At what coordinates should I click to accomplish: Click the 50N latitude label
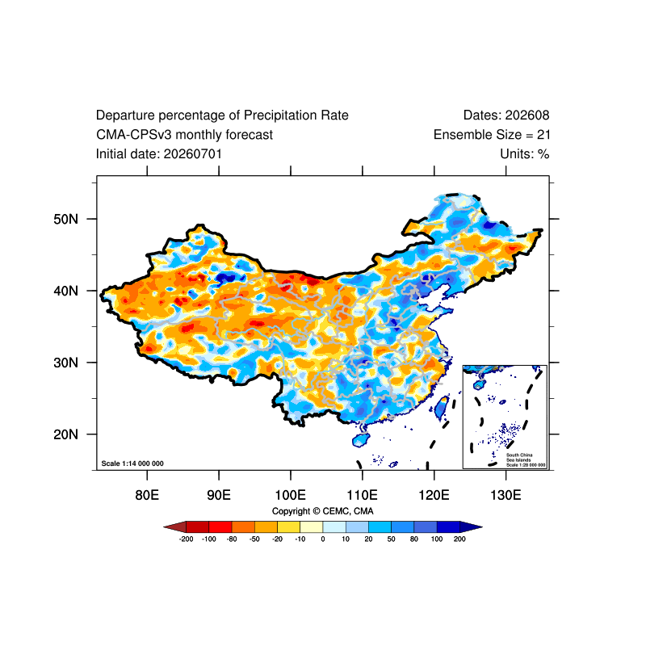[x=65, y=219]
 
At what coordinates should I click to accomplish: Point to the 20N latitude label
[x=65, y=434]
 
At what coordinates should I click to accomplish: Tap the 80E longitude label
[x=147, y=495]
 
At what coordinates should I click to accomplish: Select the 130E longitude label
[x=506, y=495]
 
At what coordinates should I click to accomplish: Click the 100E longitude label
[x=291, y=495]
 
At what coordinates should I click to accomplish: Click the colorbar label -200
[x=187, y=539]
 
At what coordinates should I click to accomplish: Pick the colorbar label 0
[x=323, y=539]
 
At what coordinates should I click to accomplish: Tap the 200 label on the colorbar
[x=459, y=539]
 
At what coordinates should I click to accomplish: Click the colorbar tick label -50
[x=254, y=539]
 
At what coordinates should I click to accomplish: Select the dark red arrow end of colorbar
[x=175, y=527]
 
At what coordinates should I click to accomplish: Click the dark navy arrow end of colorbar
[x=471, y=527]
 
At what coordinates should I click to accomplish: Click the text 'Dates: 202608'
[x=506, y=115]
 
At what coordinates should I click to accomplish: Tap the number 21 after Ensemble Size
[x=543, y=135]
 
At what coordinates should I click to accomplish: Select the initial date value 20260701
[x=193, y=154]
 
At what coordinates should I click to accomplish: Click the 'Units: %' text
[x=525, y=154]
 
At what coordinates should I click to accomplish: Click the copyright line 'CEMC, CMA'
[x=348, y=511]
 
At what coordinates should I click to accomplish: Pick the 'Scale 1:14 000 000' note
[x=132, y=464]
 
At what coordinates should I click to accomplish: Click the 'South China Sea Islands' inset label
[x=519, y=457]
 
